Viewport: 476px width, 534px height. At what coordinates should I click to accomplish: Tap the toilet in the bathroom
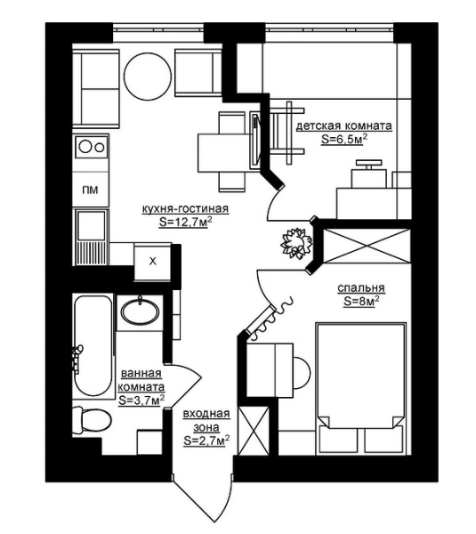[x=93, y=420]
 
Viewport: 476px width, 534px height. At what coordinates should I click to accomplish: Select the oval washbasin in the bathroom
[x=141, y=311]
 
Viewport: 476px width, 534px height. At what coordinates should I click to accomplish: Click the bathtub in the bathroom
[x=93, y=346]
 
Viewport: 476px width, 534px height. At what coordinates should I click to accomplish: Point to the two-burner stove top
[x=92, y=147]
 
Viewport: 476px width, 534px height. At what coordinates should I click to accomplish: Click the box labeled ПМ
[x=91, y=190]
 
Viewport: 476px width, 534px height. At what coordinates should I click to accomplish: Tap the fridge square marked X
[x=152, y=262]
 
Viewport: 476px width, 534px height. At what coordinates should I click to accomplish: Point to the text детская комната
[x=344, y=126]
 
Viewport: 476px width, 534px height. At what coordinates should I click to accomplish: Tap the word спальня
[x=361, y=288]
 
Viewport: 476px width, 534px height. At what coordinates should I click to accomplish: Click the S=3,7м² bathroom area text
[x=141, y=400]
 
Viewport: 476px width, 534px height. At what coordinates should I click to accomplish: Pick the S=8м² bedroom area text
[x=361, y=302]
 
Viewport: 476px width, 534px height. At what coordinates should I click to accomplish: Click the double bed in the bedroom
[x=361, y=388]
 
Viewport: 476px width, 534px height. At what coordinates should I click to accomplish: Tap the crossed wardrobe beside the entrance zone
[x=254, y=430]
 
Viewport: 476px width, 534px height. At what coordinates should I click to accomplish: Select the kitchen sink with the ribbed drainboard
[x=91, y=238]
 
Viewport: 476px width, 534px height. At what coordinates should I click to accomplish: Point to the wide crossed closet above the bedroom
[x=366, y=246]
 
